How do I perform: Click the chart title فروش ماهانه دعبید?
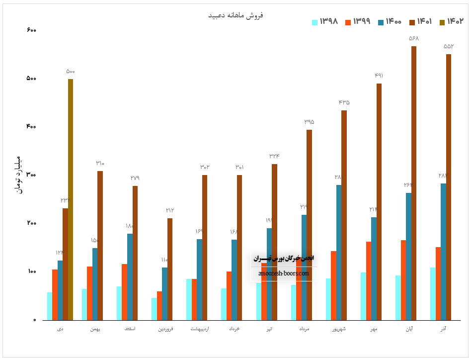coord(235,15)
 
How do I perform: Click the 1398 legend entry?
coord(325,21)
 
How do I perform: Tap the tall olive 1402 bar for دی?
coord(71,199)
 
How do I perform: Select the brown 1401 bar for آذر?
coord(449,186)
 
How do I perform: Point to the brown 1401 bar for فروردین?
coord(170,269)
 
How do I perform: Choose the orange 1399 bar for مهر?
coord(369,280)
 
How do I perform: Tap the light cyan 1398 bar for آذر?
coord(433,293)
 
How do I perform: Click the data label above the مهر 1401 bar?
coord(379,76)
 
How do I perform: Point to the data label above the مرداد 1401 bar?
coord(309,122)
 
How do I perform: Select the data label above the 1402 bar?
coord(71,72)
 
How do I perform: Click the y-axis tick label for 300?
coord(31,175)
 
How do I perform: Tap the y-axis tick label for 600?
coord(31,30)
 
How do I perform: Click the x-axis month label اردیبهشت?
coord(199,329)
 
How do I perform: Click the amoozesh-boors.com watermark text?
coord(284,273)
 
